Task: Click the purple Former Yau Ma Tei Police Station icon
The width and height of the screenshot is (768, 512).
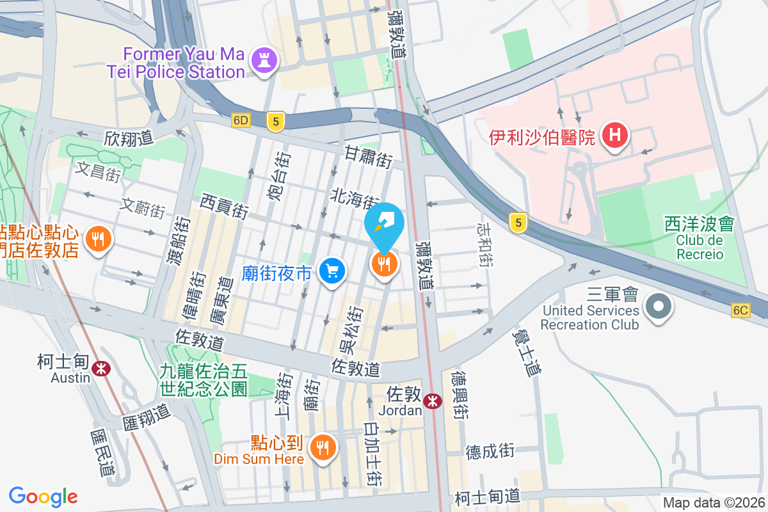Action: tap(264, 61)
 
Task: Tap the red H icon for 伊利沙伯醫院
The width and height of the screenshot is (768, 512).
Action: tap(615, 136)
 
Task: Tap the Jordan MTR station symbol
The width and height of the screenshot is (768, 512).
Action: tap(434, 401)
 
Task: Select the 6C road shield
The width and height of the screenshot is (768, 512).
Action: tap(740, 310)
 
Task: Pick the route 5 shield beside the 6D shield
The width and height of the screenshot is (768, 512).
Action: tap(275, 122)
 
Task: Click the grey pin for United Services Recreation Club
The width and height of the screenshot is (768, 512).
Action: tap(658, 305)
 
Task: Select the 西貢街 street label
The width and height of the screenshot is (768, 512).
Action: tap(224, 207)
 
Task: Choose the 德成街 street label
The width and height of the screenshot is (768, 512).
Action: tap(490, 451)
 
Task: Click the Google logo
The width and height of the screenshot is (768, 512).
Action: tap(44, 496)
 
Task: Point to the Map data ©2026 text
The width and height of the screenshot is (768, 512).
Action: tap(714, 503)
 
